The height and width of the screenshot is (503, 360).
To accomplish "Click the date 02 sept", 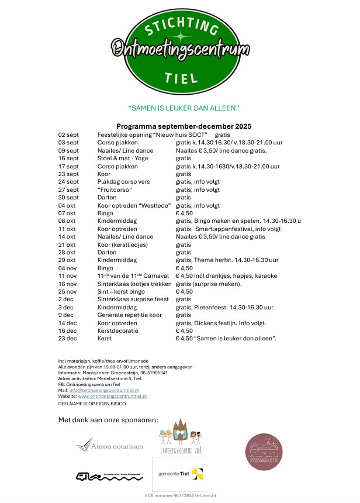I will point(68,135).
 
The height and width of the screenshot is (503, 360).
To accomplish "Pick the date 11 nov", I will point(68,275).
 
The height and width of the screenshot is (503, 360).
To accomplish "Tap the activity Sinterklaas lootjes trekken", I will point(132,284).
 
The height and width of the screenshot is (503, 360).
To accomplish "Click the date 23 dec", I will point(68,339).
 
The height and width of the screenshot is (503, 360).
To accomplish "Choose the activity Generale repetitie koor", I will point(129,315).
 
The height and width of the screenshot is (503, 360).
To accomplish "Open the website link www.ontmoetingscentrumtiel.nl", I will point(112,396).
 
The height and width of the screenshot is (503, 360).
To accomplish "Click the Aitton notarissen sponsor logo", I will point(109,446).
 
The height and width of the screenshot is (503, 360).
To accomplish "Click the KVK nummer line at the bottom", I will point(181,495).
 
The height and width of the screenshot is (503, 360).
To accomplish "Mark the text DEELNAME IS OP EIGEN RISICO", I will point(92,404).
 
